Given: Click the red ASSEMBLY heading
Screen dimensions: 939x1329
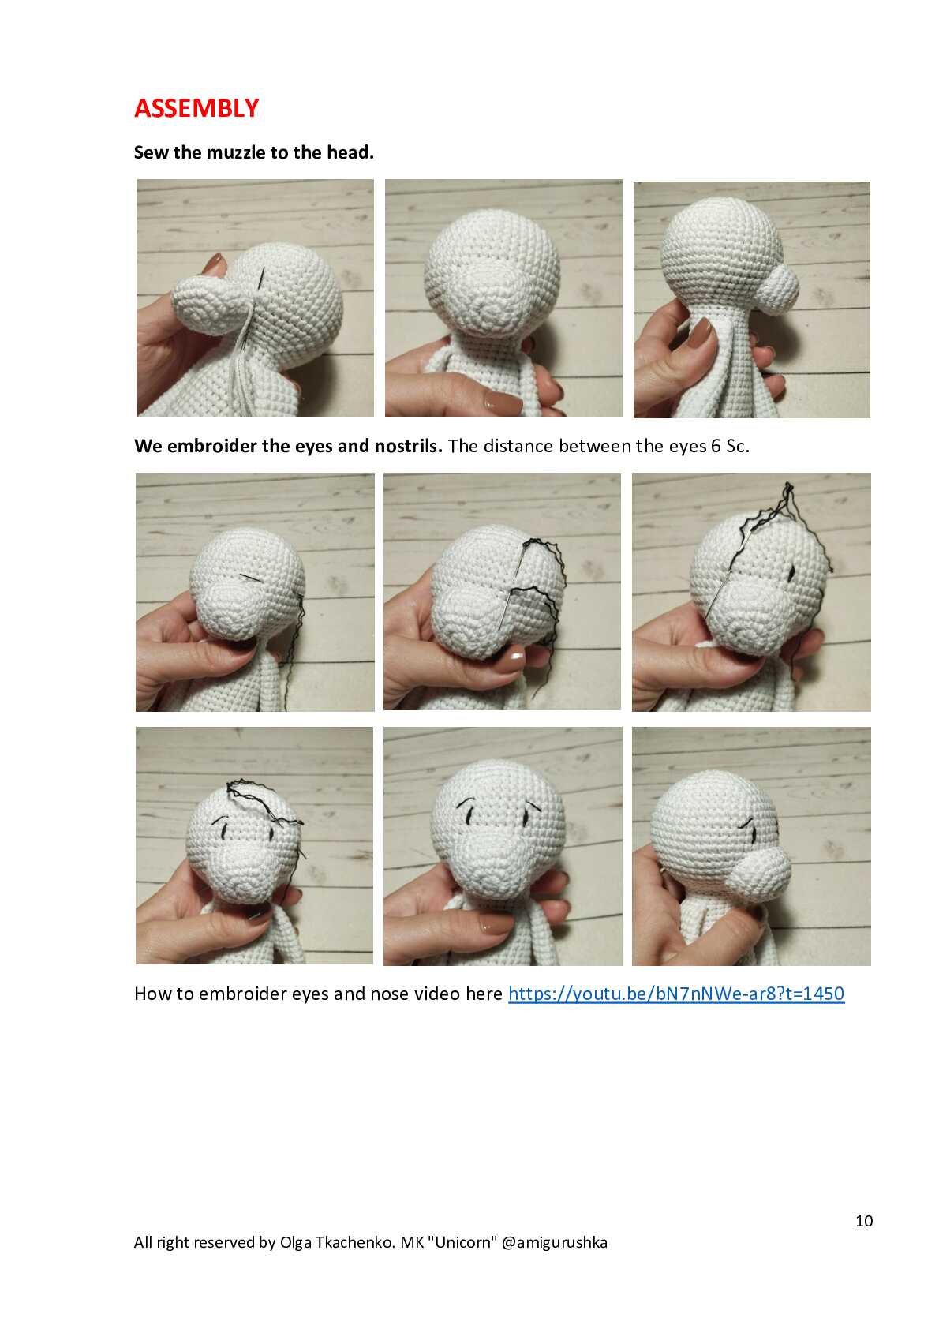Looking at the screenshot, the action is tap(196, 109).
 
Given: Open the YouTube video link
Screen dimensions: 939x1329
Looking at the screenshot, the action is tap(676, 994).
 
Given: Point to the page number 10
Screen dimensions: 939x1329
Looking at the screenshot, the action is tap(864, 1220).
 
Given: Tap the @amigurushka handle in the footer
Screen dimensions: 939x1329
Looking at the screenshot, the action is tap(554, 1242).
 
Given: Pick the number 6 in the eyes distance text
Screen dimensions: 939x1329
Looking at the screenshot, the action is tap(716, 446).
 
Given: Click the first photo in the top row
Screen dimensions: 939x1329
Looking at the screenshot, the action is tap(255, 298).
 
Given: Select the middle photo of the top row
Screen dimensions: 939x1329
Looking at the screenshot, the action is tap(503, 298).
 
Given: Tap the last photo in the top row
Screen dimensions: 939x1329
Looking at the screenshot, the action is tap(751, 300).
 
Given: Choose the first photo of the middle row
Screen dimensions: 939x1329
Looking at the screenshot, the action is tap(255, 592).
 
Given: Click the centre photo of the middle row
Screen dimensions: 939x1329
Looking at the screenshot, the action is tap(503, 592).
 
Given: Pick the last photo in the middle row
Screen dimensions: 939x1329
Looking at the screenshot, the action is tap(751, 592).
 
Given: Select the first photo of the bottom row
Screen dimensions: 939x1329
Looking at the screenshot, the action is tap(254, 845).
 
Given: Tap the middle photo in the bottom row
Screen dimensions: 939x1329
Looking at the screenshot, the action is tap(503, 846).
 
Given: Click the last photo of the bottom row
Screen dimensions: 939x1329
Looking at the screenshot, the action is tap(751, 846).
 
